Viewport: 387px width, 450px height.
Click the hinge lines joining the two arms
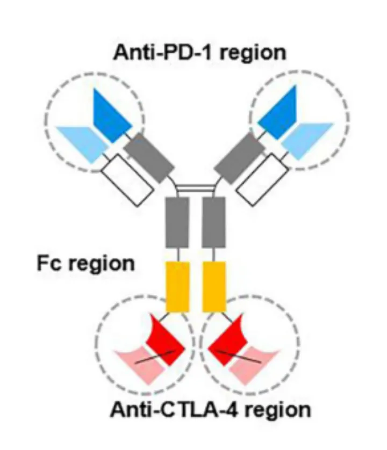(x=195, y=188)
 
